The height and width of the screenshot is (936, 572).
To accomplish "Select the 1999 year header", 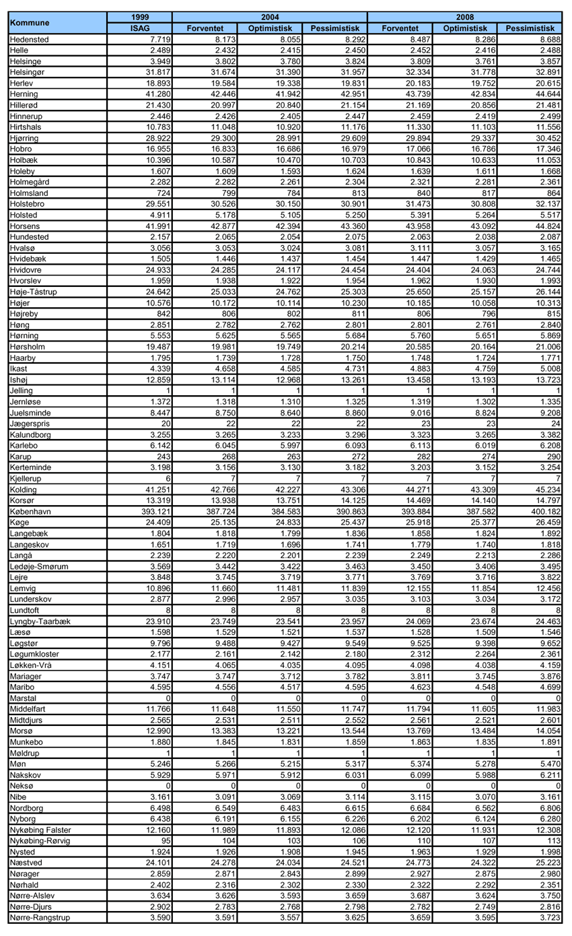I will point(140,17).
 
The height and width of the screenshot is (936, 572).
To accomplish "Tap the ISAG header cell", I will point(140,28).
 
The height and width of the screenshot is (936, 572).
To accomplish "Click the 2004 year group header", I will point(270,17).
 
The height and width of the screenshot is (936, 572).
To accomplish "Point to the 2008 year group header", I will point(465,17).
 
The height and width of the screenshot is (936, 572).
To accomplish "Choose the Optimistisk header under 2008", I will point(465,28).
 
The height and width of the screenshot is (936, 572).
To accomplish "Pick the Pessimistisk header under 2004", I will point(334,28).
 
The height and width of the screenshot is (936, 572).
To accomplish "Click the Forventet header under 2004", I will point(205,28).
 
